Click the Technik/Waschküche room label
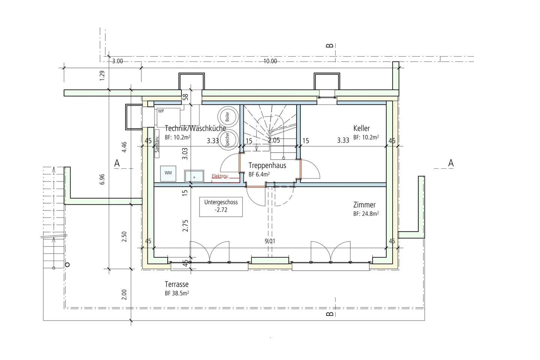pyautogui.click(x=195, y=128)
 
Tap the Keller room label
pyautogui.click(x=361, y=128)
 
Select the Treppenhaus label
pyautogui.click(x=267, y=165)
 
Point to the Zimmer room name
pyautogui.click(x=364, y=205)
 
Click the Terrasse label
pyautogui.click(x=176, y=284)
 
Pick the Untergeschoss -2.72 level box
pyautogui.click(x=221, y=206)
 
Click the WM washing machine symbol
pyautogui.click(x=168, y=173)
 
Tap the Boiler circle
pyautogui.click(x=227, y=117)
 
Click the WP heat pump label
pyautogui.click(x=161, y=111)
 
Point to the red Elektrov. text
pyautogui.click(x=220, y=176)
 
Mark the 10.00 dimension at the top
pyautogui.click(x=270, y=61)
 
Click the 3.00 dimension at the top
pyautogui.click(x=117, y=61)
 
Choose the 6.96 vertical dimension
pyautogui.click(x=102, y=179)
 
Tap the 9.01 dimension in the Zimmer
pyautogui.click(x=270, y=241)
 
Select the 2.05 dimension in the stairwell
pyautogui.click(x=274, y=140)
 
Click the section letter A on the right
pyautogui.click(x=451, y=163)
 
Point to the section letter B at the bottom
pyautogui.click(x=330, y=313)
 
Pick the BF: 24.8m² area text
pyautogui.click(x=366, y=214)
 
